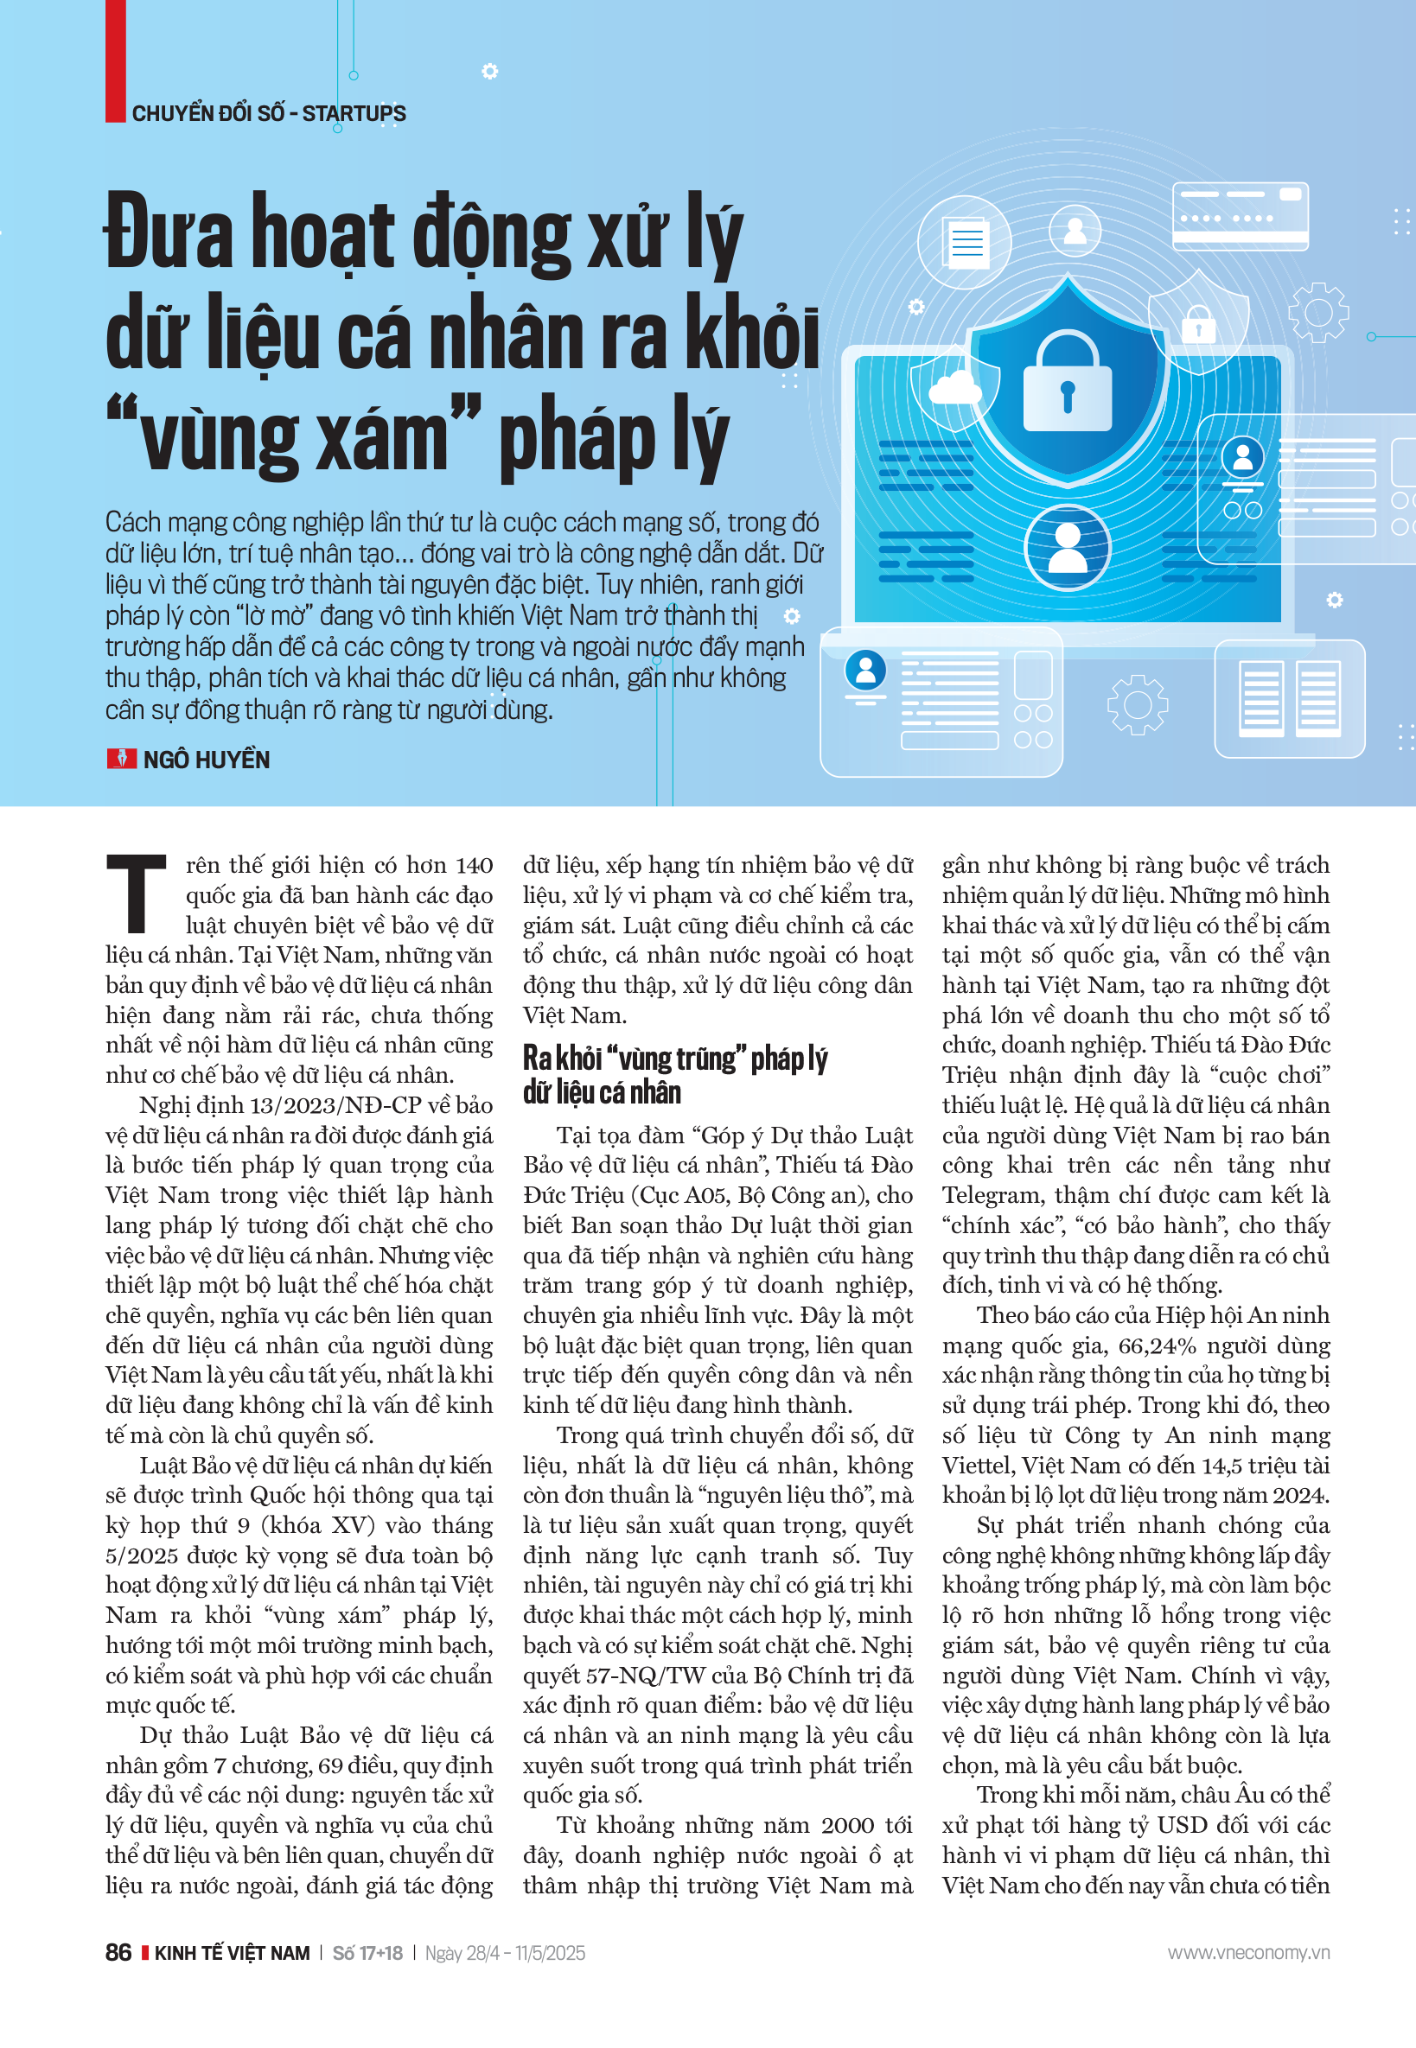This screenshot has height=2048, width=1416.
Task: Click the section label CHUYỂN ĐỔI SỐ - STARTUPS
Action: click(x=269, y=113)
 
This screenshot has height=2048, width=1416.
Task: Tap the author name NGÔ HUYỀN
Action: click(x=206, y=760)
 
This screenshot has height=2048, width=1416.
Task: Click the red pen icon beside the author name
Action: click(x=121, y=759)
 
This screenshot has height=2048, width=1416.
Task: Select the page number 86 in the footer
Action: click(x=118, y=1952)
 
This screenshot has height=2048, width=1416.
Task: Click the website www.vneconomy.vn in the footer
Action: click(x=1247, y=1952)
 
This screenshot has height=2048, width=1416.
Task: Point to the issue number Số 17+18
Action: click(x=367, y=1952)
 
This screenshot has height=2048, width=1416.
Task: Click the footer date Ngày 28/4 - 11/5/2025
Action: click(x=505, y=1952)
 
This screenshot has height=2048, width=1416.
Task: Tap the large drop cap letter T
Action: click(x=136, y=894)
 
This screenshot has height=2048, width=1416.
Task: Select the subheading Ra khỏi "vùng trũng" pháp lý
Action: click(x=674, y=1059)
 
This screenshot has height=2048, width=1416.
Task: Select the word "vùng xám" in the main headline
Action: click(x=294, y=438)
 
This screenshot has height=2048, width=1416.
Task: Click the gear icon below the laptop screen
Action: click(x=1137, y=705)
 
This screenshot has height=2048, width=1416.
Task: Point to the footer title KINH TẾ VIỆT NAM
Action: click(x=232, y=1952)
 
